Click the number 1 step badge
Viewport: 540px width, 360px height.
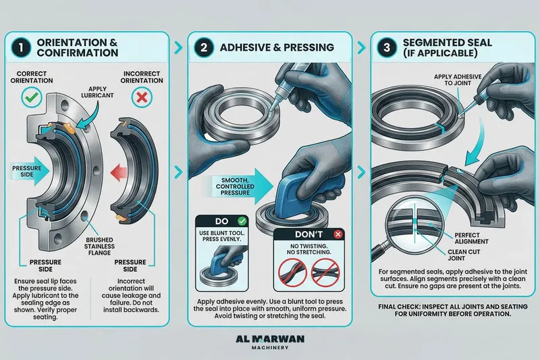pos(21,47)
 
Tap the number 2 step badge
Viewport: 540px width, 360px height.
pos(204,47)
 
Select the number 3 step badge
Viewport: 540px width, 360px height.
pos(387,47)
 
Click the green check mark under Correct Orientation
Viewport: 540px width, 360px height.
pos(32,97)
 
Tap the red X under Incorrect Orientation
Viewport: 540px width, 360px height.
pos(142,97)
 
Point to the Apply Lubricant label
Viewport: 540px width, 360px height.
pos(97,92)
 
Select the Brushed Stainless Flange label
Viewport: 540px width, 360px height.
pos(99,247)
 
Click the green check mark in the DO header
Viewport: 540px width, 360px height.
pos(242,221)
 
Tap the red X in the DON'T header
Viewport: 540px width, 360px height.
pos(338,234)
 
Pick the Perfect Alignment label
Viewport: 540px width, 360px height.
pos(471,238)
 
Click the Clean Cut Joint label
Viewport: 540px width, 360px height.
pos(464,255)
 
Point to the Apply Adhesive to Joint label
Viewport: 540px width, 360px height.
pos(458,80)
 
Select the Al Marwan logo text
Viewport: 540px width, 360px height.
pos(270,339)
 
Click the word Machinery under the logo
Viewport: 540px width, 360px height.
pos(270,348)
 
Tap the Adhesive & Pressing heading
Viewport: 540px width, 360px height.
pos(277,47)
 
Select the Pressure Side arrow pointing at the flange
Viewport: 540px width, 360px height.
pos(30,172)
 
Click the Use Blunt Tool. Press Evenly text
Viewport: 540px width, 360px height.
pos(222,236)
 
